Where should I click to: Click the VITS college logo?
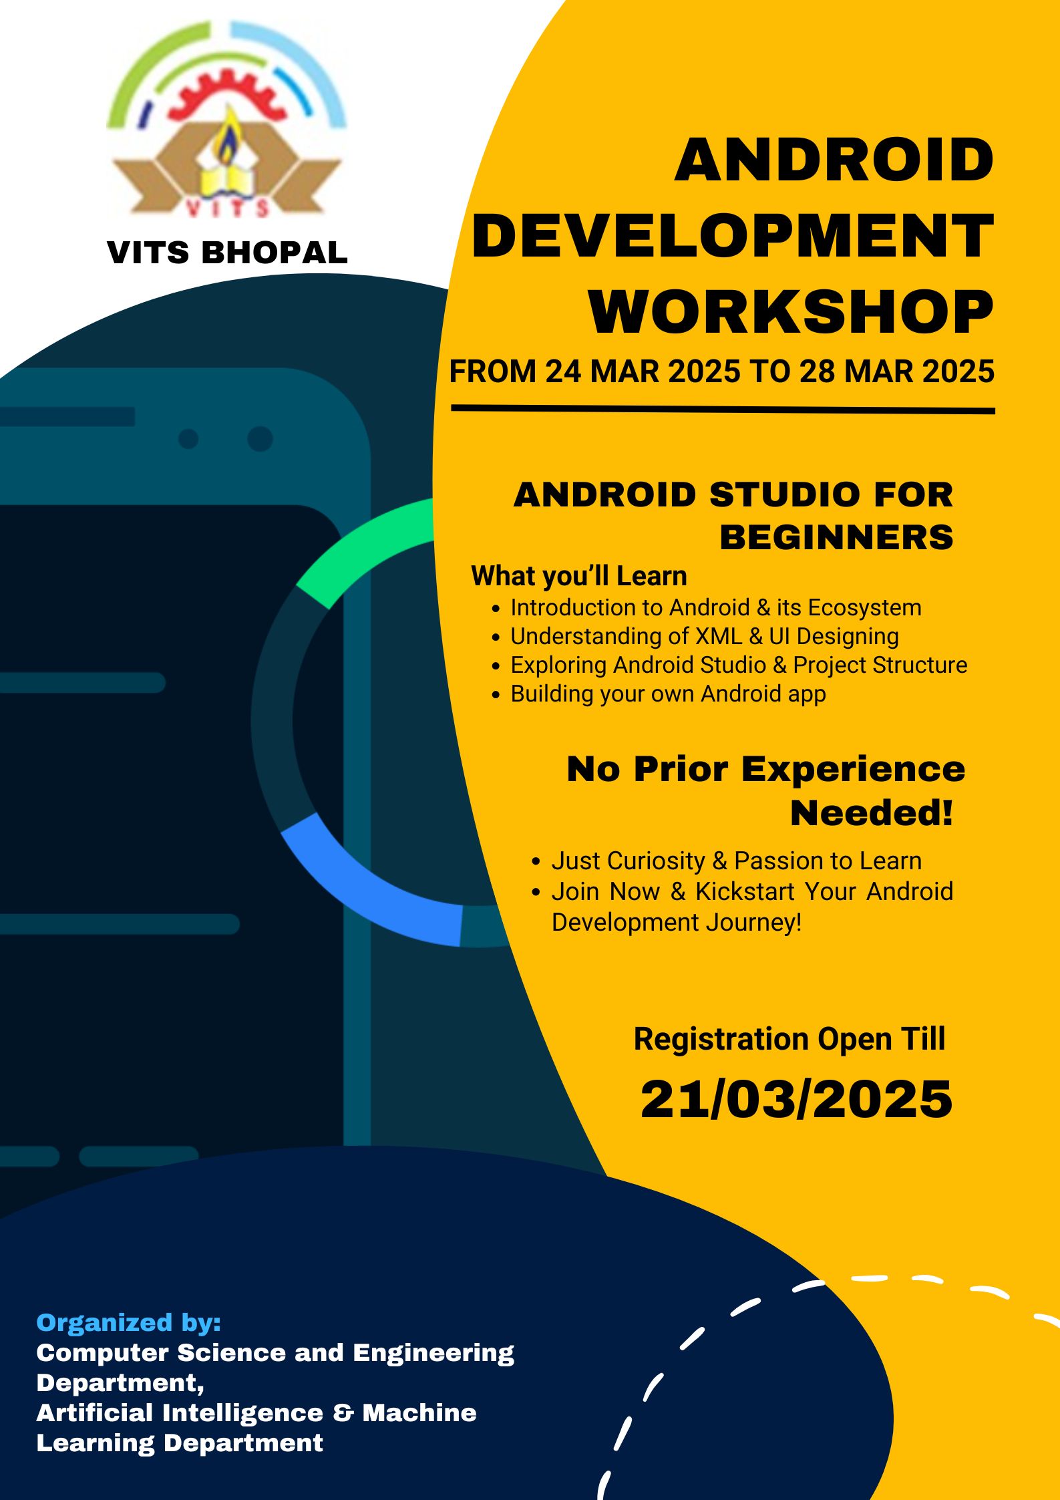pyautogui.click(x=227, y=120)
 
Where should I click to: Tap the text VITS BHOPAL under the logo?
pyautogui.click(x=227, y=253)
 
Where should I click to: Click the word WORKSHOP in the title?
pyautogui.click(x=791, y=312)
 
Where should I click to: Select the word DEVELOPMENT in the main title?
pyautogui.click(x=733, y=235)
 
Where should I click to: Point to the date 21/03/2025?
pyautogui.click(x=796, y=1099)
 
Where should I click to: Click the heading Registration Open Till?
pyautogui.click(x=789, y=1039)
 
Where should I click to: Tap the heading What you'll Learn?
pyautogui.click(x=579, y=576)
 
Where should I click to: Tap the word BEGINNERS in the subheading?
pyautogui.click(x=836, y=537)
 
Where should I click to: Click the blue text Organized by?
pyautogui.click(x=128, y=1322)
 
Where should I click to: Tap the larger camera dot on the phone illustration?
pyautogui.click(x=260, y=439)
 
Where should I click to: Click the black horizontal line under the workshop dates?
pyautogui.click(x=723, y=409)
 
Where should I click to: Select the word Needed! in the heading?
pyautogui.click(x=872, y=812)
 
